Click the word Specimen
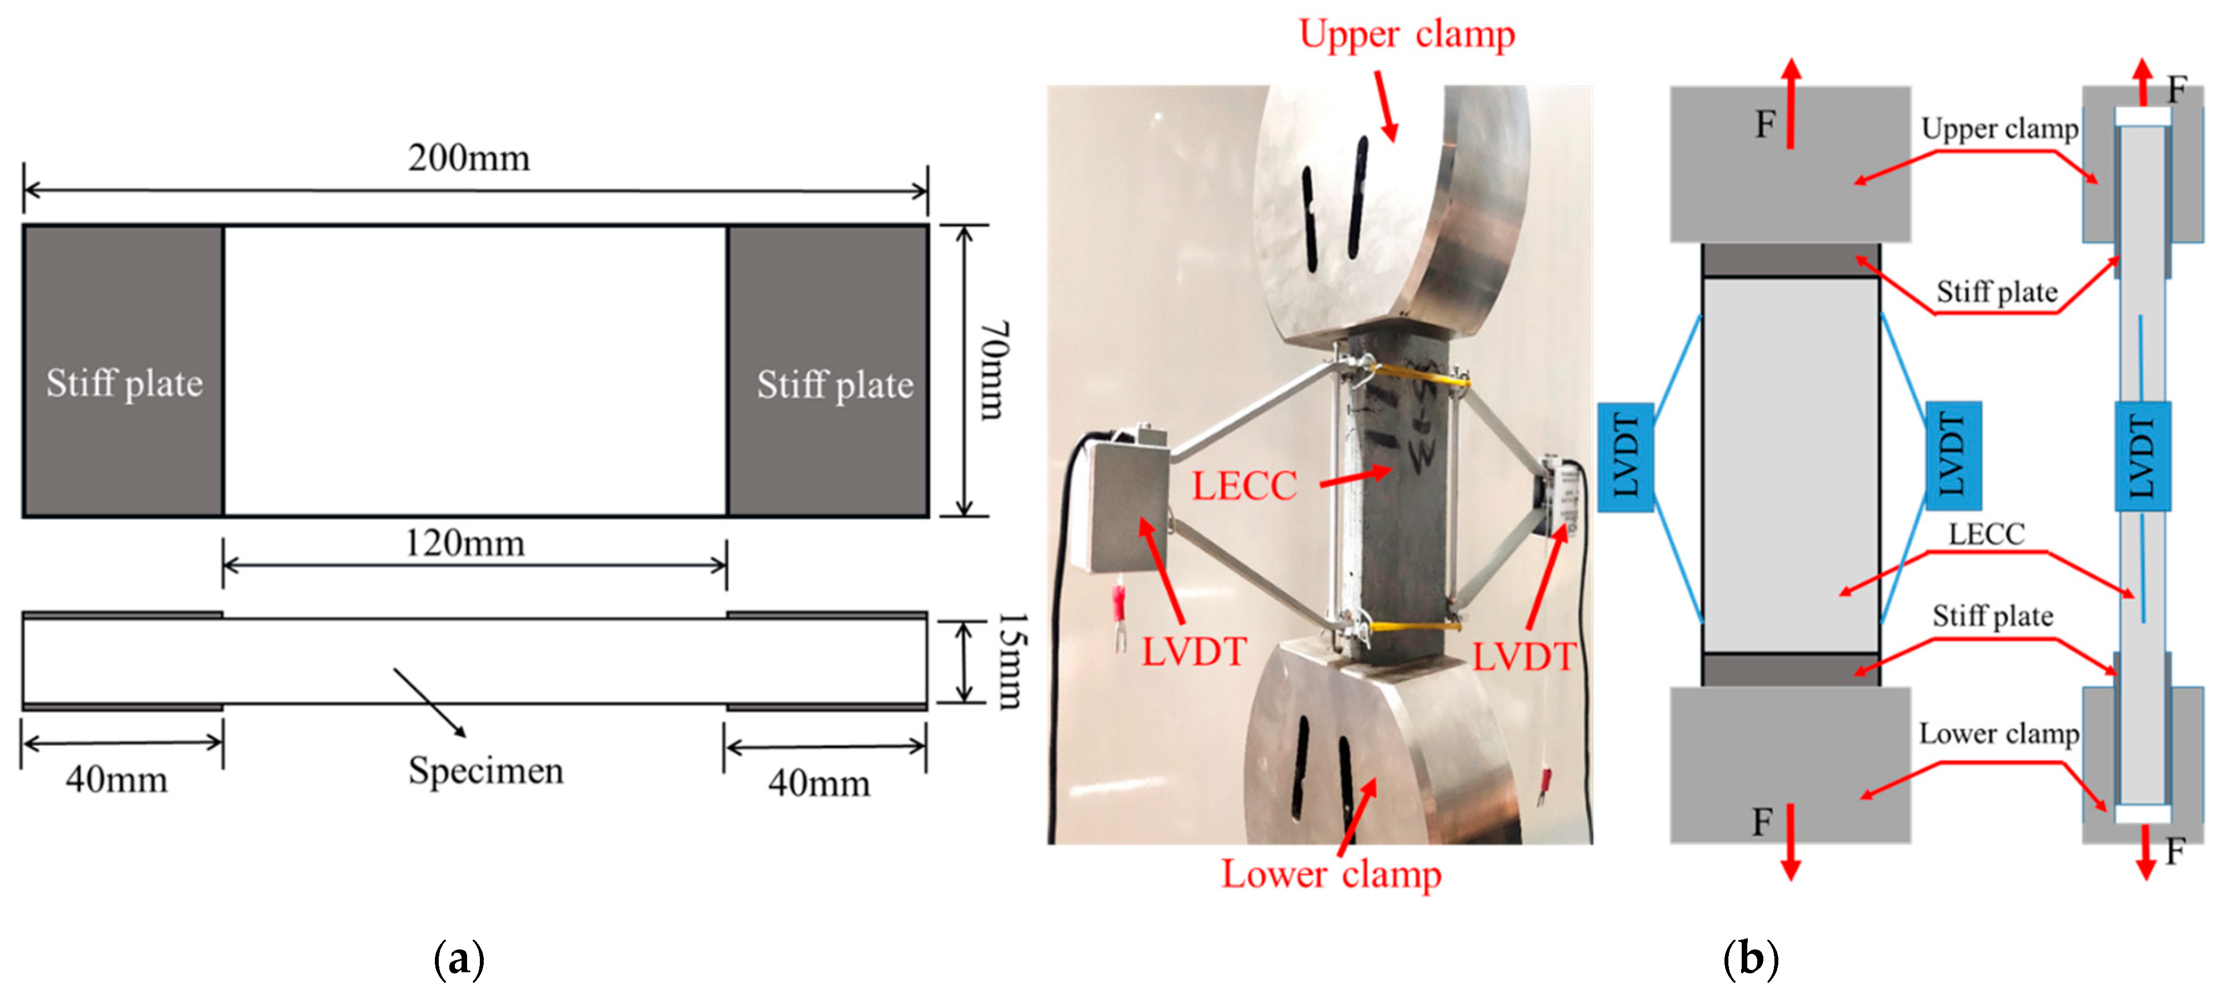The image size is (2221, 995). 485,771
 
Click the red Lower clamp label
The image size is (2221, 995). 1330,875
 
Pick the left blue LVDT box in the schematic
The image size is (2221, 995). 1625,457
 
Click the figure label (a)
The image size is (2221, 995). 459,959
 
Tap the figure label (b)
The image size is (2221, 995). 1750,959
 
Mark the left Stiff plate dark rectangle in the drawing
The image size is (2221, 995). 123,371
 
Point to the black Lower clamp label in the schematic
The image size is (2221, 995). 1998,733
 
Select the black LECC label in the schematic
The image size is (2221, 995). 1987,535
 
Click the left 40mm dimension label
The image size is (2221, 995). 117,780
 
